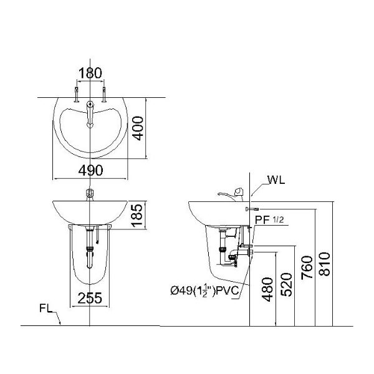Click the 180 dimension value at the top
90,74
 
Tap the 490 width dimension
90,170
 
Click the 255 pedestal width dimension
90,298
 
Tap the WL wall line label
276,182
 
